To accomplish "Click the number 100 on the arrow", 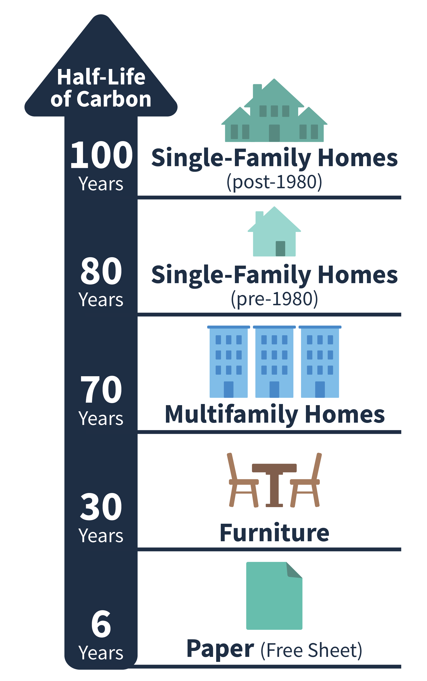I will (x=101, y=155).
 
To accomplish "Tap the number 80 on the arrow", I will (x=101, y=271).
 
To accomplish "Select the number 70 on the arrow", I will (x=101, y=389).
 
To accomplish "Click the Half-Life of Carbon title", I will (x=101, y=88).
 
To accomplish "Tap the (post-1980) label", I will (x=274, y=182).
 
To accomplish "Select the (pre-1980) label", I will (x=274, y=299).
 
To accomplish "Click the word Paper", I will (x=220, y=648).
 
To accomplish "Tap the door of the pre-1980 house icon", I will (x=280, y=249).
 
